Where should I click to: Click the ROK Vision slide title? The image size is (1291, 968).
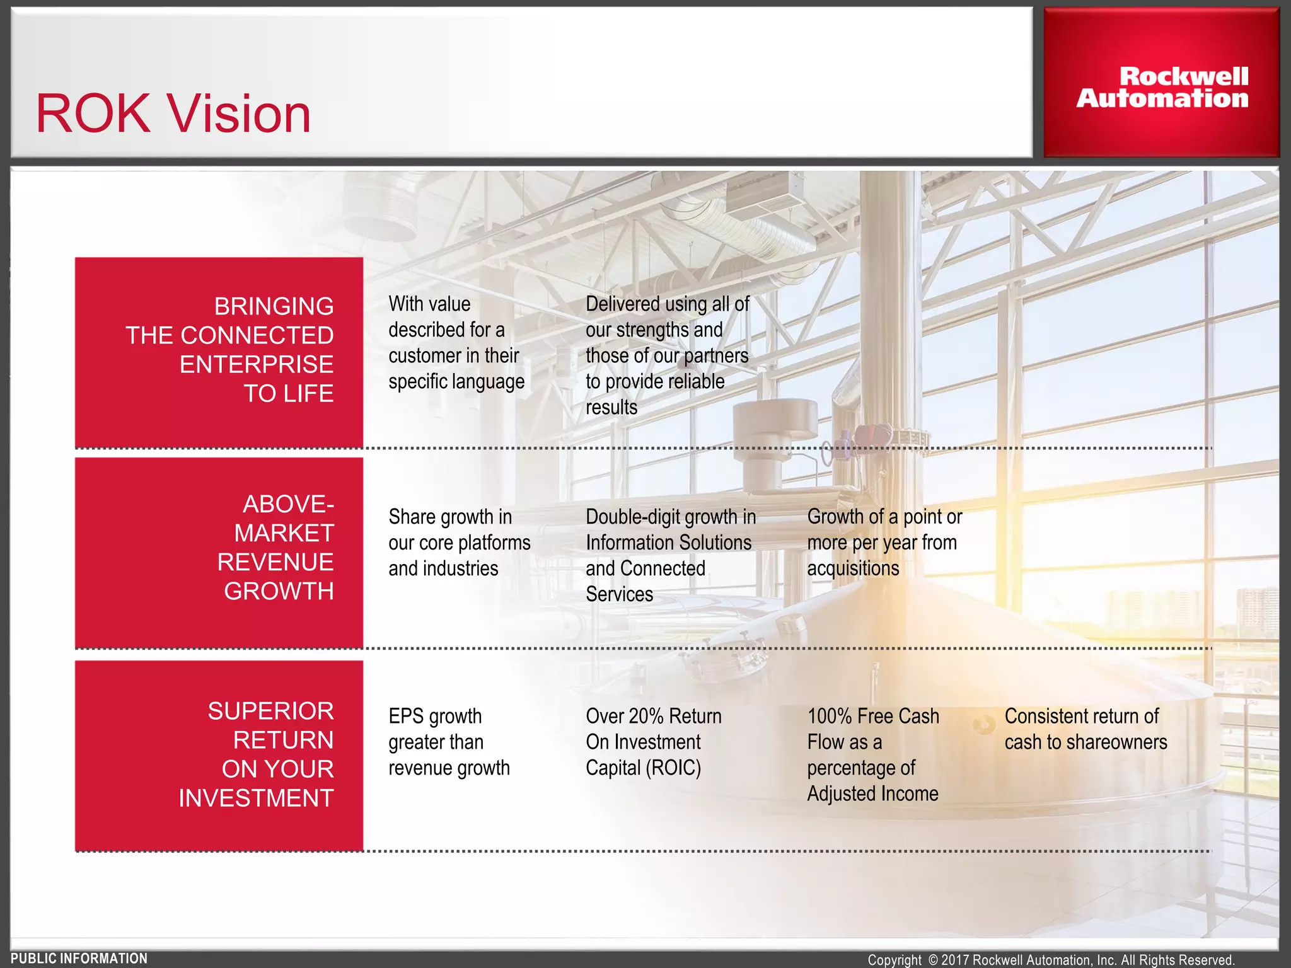[x=173, y=114]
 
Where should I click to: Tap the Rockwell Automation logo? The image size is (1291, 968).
[x=1162, y=88]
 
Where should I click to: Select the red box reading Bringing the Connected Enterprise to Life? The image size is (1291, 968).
[x=219, y=351]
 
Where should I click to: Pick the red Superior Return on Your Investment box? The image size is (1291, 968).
[x=219, y=755]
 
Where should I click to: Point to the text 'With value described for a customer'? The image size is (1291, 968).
[x=456, y=343]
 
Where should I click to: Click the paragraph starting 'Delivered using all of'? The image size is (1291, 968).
[x=667, y=355]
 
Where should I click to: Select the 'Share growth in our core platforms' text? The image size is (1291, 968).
[x=459, y=543]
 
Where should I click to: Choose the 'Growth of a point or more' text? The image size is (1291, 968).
[x=884, y=543]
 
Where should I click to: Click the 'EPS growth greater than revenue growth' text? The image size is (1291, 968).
[x=449, y=742]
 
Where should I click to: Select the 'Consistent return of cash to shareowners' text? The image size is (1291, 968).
[x=1085, y=729]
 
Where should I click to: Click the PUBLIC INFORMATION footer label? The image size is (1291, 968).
[x=79, y=959]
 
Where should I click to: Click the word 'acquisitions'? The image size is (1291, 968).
[x=853, y=568]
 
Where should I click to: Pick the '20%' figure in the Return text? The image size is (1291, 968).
[x=645, y=717]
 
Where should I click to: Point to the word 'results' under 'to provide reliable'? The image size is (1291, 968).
[x=611, y=408]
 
